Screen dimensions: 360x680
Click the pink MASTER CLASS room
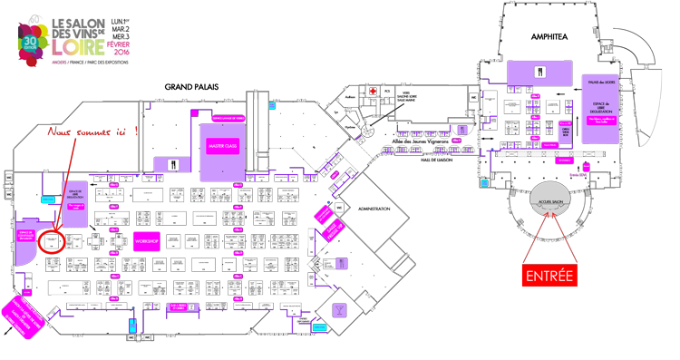click(221, 145)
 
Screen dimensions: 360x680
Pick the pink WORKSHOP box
click(147, 242)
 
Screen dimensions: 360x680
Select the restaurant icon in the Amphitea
click(543, 71)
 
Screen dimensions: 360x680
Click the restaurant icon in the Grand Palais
click(173, 164)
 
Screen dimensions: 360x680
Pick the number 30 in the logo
click(29, 39)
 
